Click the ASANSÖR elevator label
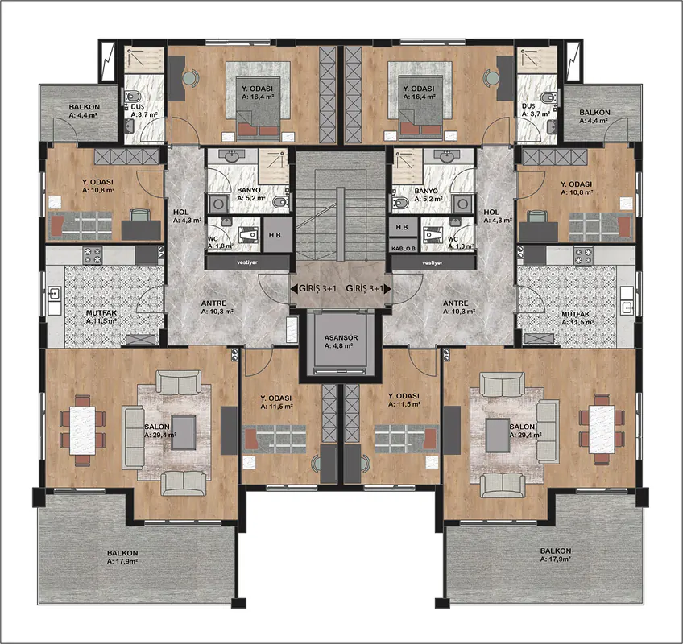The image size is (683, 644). (x=341, y=337)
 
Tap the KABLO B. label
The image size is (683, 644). (x=404, y=249)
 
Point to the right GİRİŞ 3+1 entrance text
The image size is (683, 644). (x=365, y=288)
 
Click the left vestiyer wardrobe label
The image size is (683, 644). (x=247, y=262)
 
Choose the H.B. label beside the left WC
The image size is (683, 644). (x=275, y=235)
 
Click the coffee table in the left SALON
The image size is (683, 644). (x=183, y=433)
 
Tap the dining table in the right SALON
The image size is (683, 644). (x=602, y=429)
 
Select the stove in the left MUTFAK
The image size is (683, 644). (x=93, y=255)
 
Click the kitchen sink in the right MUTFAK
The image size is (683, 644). (x=627, y=307)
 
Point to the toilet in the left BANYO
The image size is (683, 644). (x=279, y=202)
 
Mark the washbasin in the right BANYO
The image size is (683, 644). (x=445, y=156)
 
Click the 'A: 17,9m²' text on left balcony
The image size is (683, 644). (x=122, y=562)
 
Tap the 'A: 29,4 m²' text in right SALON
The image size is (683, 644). (x=526, y=435)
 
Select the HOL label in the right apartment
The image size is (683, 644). (x=491, y=212)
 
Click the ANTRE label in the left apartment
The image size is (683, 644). (x=213, y=303)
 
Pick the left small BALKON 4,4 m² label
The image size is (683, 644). (x=84, y=107)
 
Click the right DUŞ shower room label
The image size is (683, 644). (x=528, y=106)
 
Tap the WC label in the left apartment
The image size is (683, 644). (x=213, y=238)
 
